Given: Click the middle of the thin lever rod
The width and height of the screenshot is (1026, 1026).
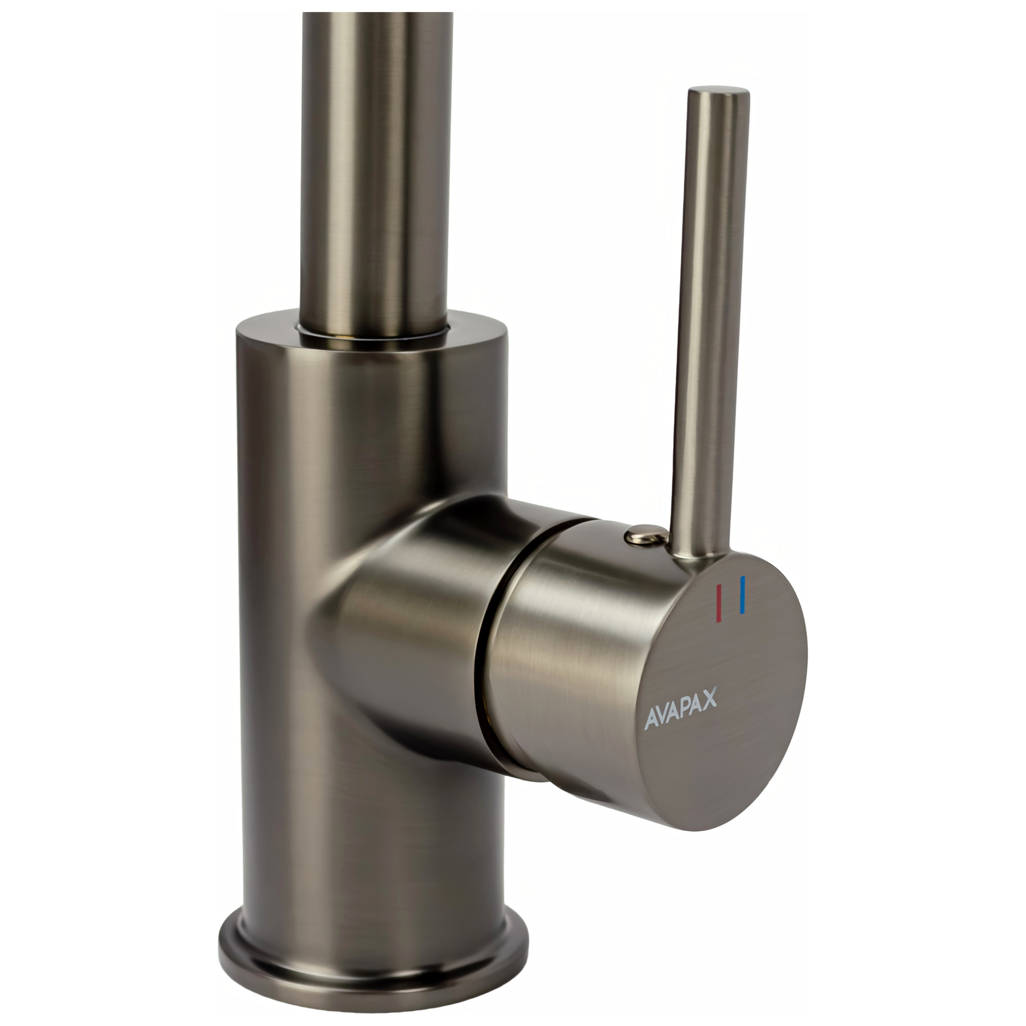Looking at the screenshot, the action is click(711, 324).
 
